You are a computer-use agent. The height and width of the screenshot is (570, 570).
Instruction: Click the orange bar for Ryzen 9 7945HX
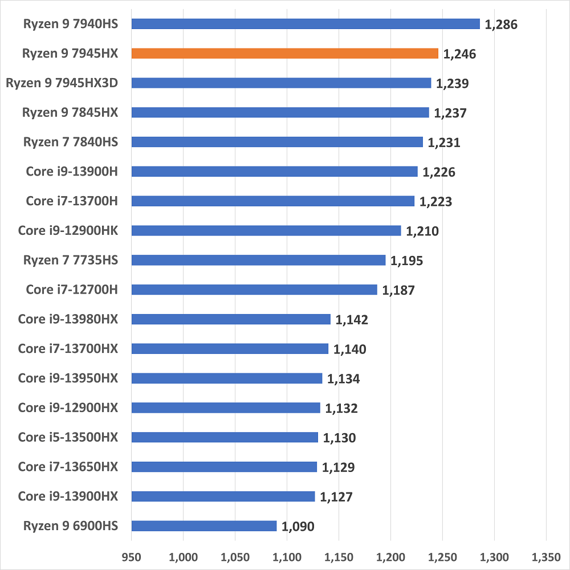285,54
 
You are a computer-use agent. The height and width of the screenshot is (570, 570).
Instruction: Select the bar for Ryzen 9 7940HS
306,24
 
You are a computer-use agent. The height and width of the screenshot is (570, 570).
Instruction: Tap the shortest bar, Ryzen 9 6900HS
204,526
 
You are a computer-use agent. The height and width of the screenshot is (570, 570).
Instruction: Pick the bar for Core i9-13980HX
231,319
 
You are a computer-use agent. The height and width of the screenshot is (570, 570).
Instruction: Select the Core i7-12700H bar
254,290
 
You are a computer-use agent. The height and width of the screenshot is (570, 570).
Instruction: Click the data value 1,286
500,25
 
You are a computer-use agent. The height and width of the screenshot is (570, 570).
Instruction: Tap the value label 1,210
422,231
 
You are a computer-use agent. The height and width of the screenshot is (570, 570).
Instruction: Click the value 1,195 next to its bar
407,261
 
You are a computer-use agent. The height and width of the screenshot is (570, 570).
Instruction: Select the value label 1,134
344,379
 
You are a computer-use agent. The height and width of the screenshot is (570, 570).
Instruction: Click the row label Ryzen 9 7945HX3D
62,83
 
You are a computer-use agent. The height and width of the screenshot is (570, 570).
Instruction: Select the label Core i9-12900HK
68,230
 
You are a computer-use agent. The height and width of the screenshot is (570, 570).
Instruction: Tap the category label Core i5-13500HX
68,437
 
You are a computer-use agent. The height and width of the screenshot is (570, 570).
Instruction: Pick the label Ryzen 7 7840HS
71,142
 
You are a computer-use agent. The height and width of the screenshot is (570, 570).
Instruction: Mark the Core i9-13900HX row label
68,496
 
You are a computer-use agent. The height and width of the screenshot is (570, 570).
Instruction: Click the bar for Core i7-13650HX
224,467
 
